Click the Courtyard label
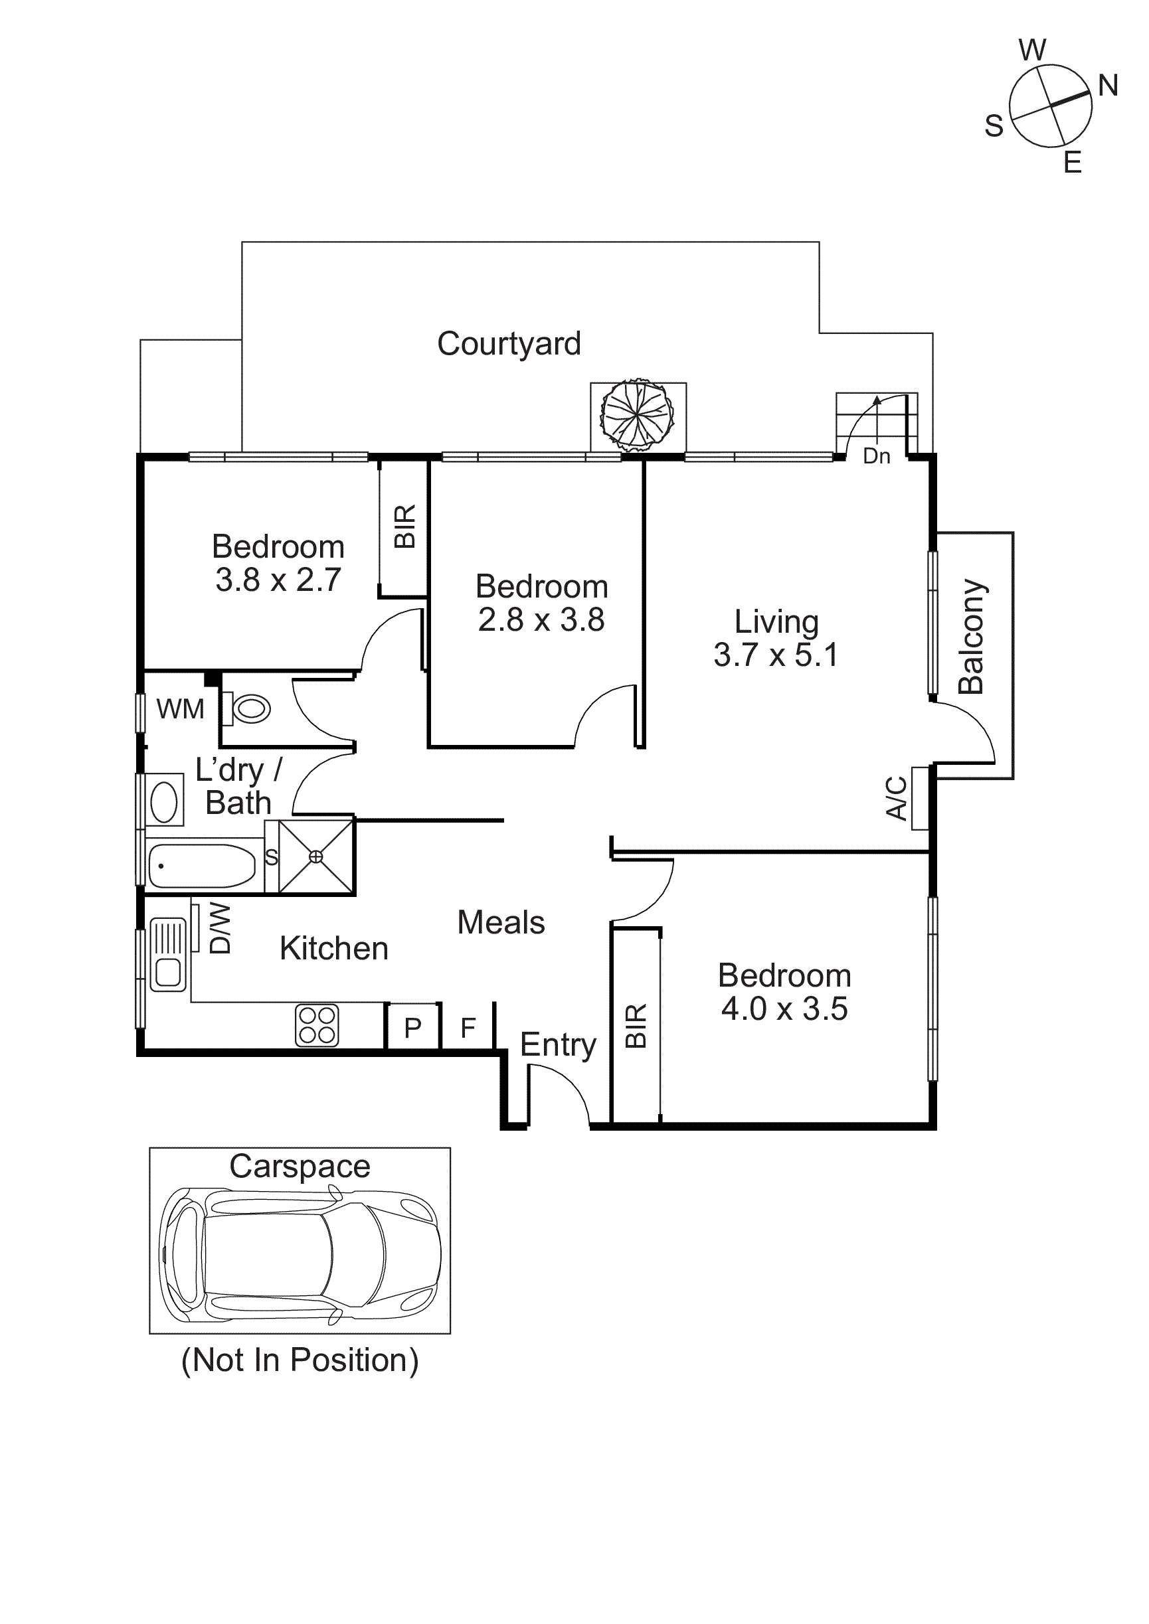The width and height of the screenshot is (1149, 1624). point(509,345)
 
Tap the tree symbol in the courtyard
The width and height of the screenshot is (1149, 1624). point(637,415)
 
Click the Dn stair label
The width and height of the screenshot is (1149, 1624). point(876,456)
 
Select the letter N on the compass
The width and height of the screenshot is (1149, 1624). point(1107,86)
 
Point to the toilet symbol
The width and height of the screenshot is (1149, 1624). point(249,708)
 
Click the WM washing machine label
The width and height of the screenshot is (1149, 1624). point(181,708)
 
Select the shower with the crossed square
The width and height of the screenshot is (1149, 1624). point(315,856)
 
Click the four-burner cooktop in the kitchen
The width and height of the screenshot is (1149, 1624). point(317,1026)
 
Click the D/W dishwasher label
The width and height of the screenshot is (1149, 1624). point(220,928)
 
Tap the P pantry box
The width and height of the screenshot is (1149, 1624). point(412,1027)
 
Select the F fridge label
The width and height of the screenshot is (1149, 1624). point(468,1027)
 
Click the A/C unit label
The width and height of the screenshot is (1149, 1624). point(897,798)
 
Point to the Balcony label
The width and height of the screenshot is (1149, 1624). point(972,637)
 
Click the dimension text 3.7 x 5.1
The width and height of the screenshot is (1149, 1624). point(776,655)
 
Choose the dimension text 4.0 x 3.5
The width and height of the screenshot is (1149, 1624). point(784,1009)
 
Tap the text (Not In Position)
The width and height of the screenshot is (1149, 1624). point(300,1360)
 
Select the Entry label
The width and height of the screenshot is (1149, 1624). point(557,1044)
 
